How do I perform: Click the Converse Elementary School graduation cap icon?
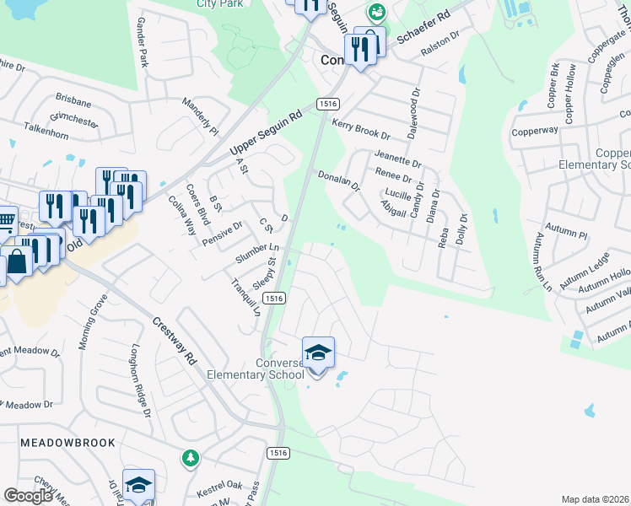click(318, 353)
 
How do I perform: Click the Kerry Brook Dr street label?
click(360, 129)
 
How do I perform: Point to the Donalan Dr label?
click(339, 180)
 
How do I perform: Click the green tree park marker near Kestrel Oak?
click(191, 458)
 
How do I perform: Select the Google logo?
click(28, 495)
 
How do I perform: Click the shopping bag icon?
click(17, 261)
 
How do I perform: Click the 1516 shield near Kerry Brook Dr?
click(328, 103)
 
